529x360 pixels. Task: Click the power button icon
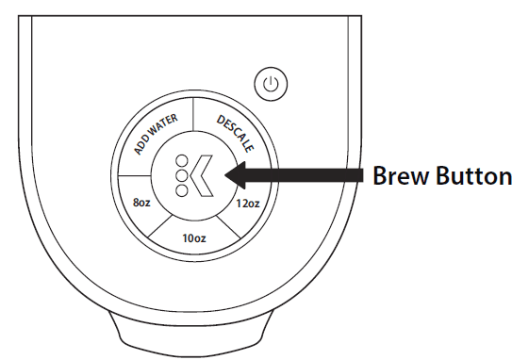tap(272, 86)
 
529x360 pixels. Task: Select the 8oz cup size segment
tap(141, 200)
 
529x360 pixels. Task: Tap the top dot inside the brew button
tap(179, 160)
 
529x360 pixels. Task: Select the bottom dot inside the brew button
tap(179, 188)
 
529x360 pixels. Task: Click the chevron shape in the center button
tap(201, 174)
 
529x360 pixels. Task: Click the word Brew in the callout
tap(400, 176)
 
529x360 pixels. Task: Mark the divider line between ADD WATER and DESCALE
tap(193, 117)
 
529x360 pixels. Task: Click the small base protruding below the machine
tap(192, 334)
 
